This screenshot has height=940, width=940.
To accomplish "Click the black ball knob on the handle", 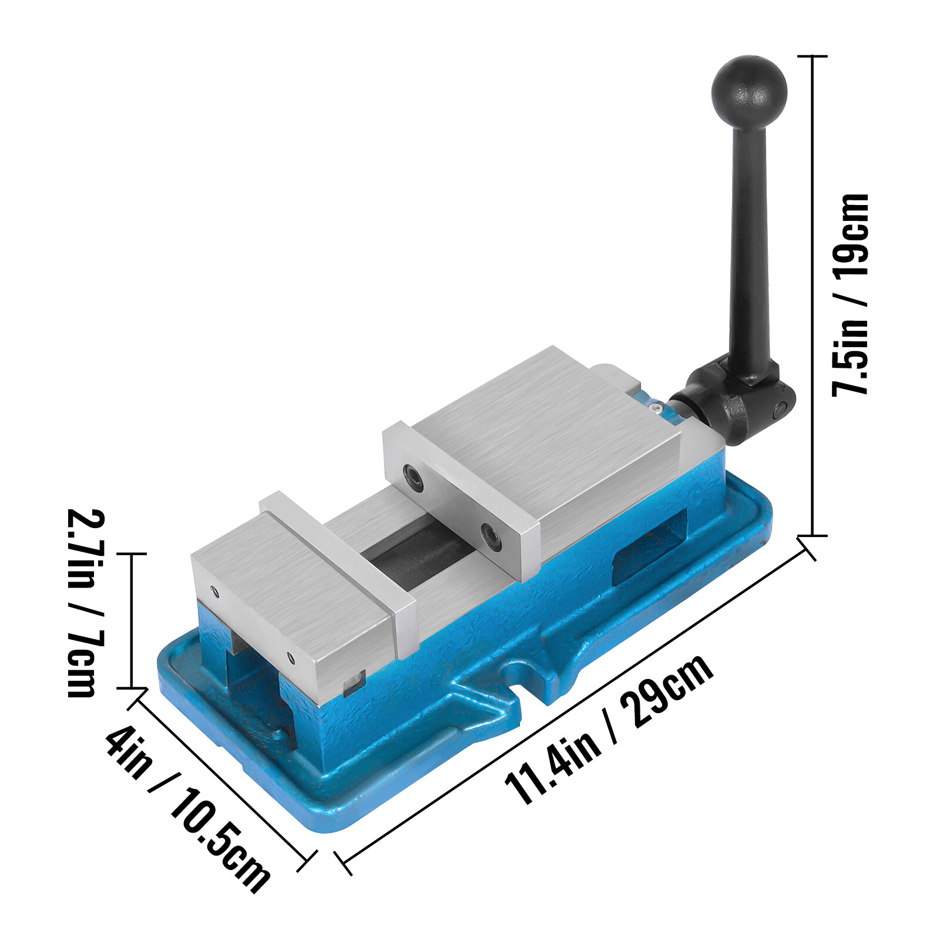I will (748, 91).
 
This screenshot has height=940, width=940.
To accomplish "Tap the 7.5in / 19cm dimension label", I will (850, 294).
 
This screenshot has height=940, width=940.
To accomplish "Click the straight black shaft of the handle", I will (749, 247).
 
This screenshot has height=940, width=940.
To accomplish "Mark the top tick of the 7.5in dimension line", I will (812, 56).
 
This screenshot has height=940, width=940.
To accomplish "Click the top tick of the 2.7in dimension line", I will (131, 553).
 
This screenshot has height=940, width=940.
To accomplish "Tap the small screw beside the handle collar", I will (657, 407).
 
